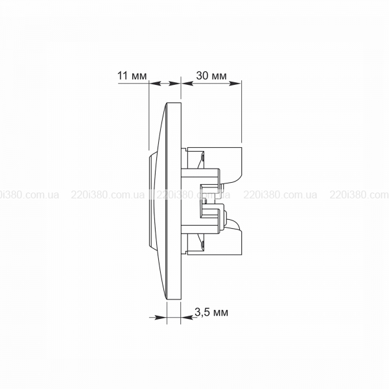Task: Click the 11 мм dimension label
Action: point(132,75)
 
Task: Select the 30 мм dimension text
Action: point(211,75)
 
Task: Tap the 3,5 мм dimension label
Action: point(211,312)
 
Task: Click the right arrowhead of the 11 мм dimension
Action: point(174,84)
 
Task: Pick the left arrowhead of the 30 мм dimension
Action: point(187,84)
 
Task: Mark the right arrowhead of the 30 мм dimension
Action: point(235,84)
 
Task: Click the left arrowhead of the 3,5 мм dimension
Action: point(160,317)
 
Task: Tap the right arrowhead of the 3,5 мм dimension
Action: point(187,317)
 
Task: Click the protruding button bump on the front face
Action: point(152,202)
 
